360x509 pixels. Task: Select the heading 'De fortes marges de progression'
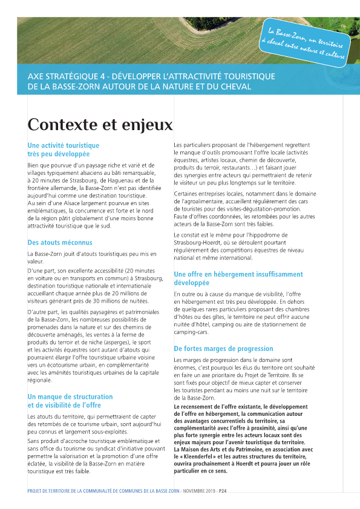coord(223,349)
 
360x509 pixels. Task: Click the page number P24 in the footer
coord(223,490)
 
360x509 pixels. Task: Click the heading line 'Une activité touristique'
coord(64,145)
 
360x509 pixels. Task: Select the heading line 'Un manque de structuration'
coord(70,397)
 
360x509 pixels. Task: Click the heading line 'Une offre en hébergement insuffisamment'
coord(238,274)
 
